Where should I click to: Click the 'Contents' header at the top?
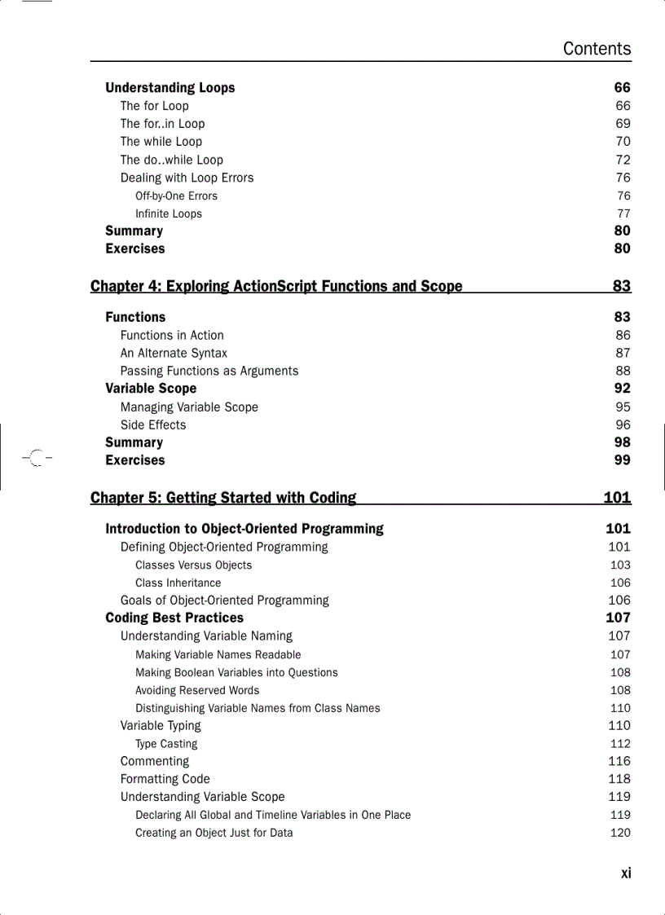click(x=597, y=49)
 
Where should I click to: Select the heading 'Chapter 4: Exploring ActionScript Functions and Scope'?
click(x=276, y=286)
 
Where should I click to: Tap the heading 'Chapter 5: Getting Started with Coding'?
click(x=223, y=498)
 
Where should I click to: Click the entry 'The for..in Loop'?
click(x=162, y=124)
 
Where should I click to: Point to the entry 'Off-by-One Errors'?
click(x=176, y=196)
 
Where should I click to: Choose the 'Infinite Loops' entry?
click(x=168, y=213)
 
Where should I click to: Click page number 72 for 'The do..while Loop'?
click(x=623, y=160)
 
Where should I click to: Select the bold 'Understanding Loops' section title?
click(x=170, y=88)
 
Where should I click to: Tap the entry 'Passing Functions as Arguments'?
click(x=209, y=371)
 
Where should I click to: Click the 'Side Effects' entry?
click(x=153, y=425)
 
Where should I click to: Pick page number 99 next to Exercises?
click(x=622, y=460)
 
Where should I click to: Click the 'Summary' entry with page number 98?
click(x=134, y=442)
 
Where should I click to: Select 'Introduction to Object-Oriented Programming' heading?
click(x=244, y=529)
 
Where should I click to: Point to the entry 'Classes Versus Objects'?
click(x=193, y=565)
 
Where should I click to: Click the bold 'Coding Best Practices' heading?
click(x=174, y=618)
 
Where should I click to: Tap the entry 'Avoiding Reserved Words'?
click(x=197, y=690)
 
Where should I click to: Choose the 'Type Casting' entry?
click(x=166, y=743)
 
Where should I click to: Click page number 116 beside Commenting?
click(x=619, y=761)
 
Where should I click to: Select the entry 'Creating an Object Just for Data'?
click(x=214, y=833)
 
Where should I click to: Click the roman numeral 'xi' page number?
click(x=625, y=873)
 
